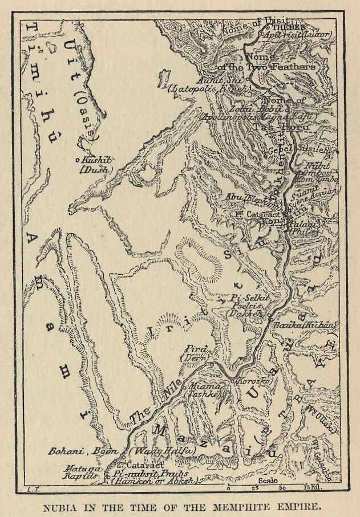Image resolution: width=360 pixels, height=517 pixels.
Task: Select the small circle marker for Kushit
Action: (78, 160)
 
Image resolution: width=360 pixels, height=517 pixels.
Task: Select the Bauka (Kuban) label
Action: (313, 324)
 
